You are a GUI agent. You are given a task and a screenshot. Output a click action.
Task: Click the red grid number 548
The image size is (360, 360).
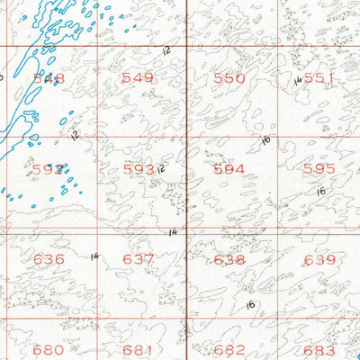tap(49, 78)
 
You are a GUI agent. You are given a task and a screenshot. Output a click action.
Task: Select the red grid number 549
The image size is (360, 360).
tap(138, 78)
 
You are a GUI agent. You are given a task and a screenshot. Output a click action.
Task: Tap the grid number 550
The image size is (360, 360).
tap(229, 78)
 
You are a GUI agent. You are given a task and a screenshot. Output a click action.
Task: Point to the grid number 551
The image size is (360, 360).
tap(319, 78)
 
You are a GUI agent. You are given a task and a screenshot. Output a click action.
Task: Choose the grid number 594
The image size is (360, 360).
tap(229, 168)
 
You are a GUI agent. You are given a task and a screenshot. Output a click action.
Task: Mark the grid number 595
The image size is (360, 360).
tap(319, 168)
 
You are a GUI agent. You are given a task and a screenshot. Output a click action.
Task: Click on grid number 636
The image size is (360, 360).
tap(49, 259)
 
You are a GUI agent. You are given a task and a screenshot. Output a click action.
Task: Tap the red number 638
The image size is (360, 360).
tap(229, 259)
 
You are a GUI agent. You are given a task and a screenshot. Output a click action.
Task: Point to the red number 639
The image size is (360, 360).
tap(319, 259)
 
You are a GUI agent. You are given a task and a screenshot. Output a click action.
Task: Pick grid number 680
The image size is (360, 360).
tap(49, 349)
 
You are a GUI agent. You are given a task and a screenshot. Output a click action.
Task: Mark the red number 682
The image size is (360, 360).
tap(229, 349)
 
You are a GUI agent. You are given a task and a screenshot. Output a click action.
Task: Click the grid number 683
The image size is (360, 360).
tap(319, 349)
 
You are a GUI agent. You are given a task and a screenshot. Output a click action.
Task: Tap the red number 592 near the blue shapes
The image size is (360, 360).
tap(49, 168)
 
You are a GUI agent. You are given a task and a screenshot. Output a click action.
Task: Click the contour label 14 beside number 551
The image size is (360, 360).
tap(297, 80)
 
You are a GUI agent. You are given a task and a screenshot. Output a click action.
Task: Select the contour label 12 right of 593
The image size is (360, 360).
tap(161, 168)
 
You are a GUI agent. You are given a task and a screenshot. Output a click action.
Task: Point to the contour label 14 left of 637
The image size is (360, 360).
tap(94, 256)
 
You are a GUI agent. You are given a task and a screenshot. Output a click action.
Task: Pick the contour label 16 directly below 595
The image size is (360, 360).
tap(320, 192)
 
